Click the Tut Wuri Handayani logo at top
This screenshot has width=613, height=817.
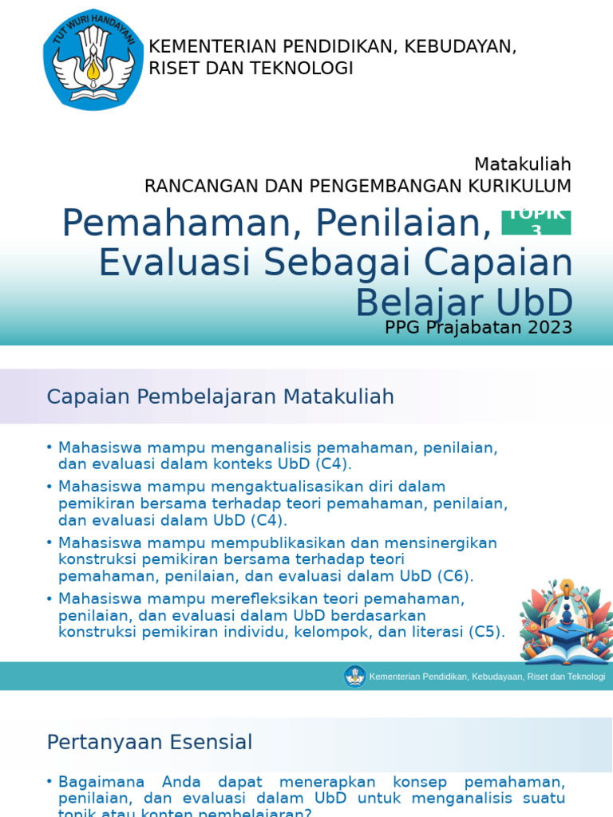(94, 60)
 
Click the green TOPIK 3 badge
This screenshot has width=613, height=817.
(536, 222)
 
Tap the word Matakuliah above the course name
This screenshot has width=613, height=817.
(522, 164)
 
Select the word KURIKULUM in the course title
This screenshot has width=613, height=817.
(523, 186)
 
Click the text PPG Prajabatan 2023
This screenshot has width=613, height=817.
(478, 328)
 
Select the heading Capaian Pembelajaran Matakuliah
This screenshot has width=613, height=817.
(220, 397)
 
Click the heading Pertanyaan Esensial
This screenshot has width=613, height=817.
(149, 742)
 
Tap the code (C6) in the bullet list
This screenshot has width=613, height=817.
(455, 575)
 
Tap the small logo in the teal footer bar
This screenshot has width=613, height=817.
(354, 677)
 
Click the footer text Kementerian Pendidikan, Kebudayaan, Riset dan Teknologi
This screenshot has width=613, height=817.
(487, 677)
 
